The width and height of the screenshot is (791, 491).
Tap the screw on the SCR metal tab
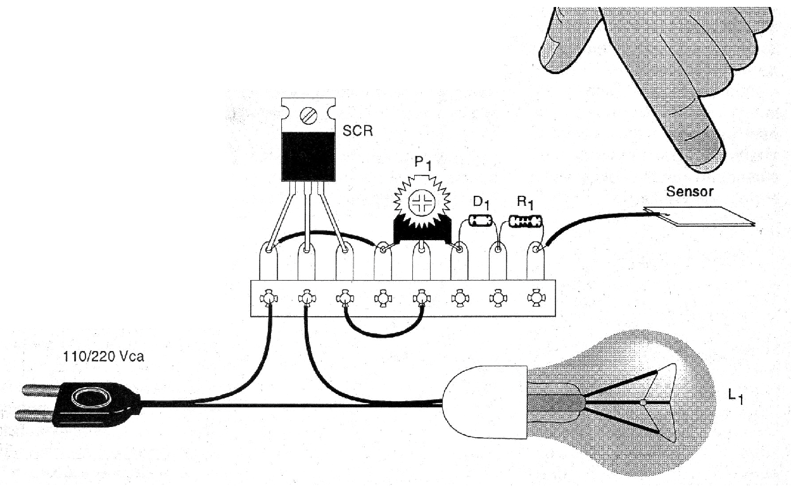tap(308, 115)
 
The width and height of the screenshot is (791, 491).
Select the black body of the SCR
tap(308, 155)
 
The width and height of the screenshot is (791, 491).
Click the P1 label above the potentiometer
tap(422, 164)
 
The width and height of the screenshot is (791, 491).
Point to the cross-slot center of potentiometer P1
tap(421, 203)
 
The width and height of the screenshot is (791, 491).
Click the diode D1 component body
tap(481, 222)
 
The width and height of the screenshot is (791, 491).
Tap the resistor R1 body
tap(526, 222)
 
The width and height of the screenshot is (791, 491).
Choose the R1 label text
tap(525, 203)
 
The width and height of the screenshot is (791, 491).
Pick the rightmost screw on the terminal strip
tap(536, 297)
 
